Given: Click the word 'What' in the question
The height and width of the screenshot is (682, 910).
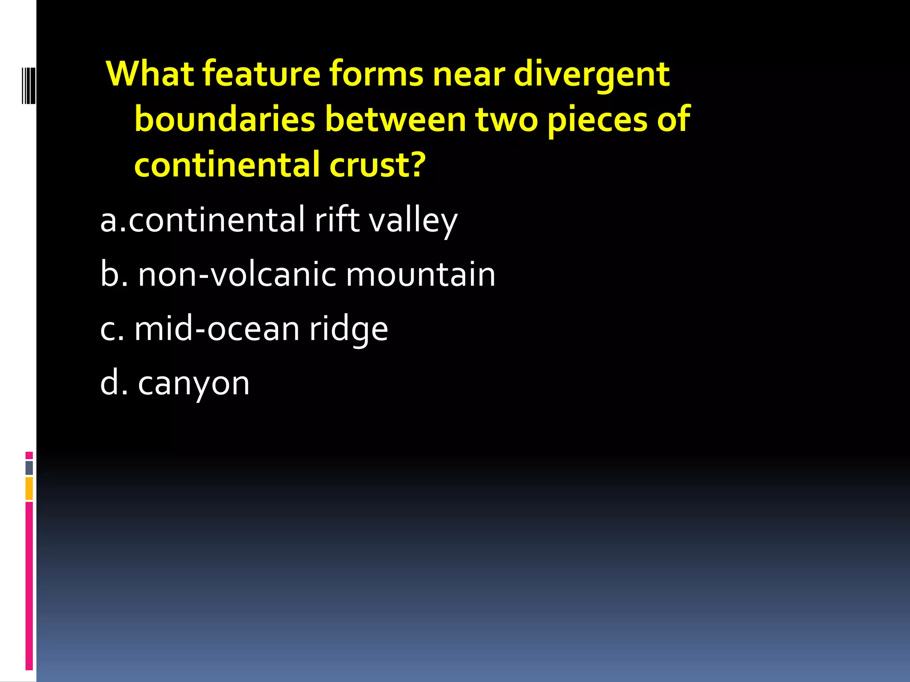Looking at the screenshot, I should [150, 74].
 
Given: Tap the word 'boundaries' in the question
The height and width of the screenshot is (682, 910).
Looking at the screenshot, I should [224, 119].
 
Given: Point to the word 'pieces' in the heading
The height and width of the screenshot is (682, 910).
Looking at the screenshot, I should [597, 120].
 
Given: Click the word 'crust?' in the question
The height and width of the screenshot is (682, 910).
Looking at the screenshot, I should [378, 165].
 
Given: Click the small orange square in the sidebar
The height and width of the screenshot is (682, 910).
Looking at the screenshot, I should [29, 488].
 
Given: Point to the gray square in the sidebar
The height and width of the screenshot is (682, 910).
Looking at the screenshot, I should [29, 468].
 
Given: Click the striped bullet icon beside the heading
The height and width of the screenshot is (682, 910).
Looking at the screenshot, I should [28, 86].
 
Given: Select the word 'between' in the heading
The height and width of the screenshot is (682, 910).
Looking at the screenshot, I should [395, 119].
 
